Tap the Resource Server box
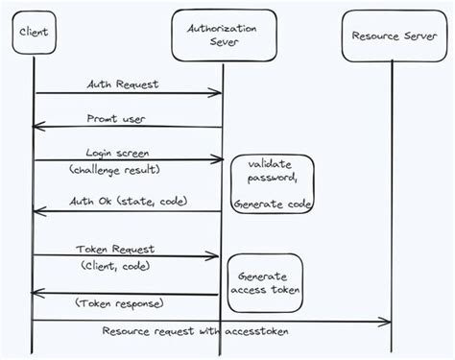pos(393,38)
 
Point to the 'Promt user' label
pos(126,118)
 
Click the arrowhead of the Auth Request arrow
pos(218,93)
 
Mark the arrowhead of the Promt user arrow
pos(39,128)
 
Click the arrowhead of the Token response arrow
pos(39,294)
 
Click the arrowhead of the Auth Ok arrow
pos(39,211)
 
